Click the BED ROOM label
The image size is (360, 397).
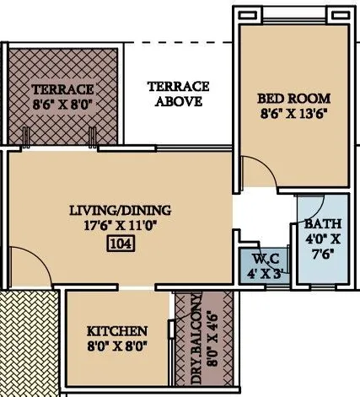(293, 98)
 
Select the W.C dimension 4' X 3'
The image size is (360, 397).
(258, 273)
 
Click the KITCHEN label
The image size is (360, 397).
(118, 331)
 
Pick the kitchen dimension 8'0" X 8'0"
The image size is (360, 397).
(118, 346)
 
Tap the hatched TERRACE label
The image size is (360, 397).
(62, 89)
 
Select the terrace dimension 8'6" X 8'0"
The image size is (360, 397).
(62, 104)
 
